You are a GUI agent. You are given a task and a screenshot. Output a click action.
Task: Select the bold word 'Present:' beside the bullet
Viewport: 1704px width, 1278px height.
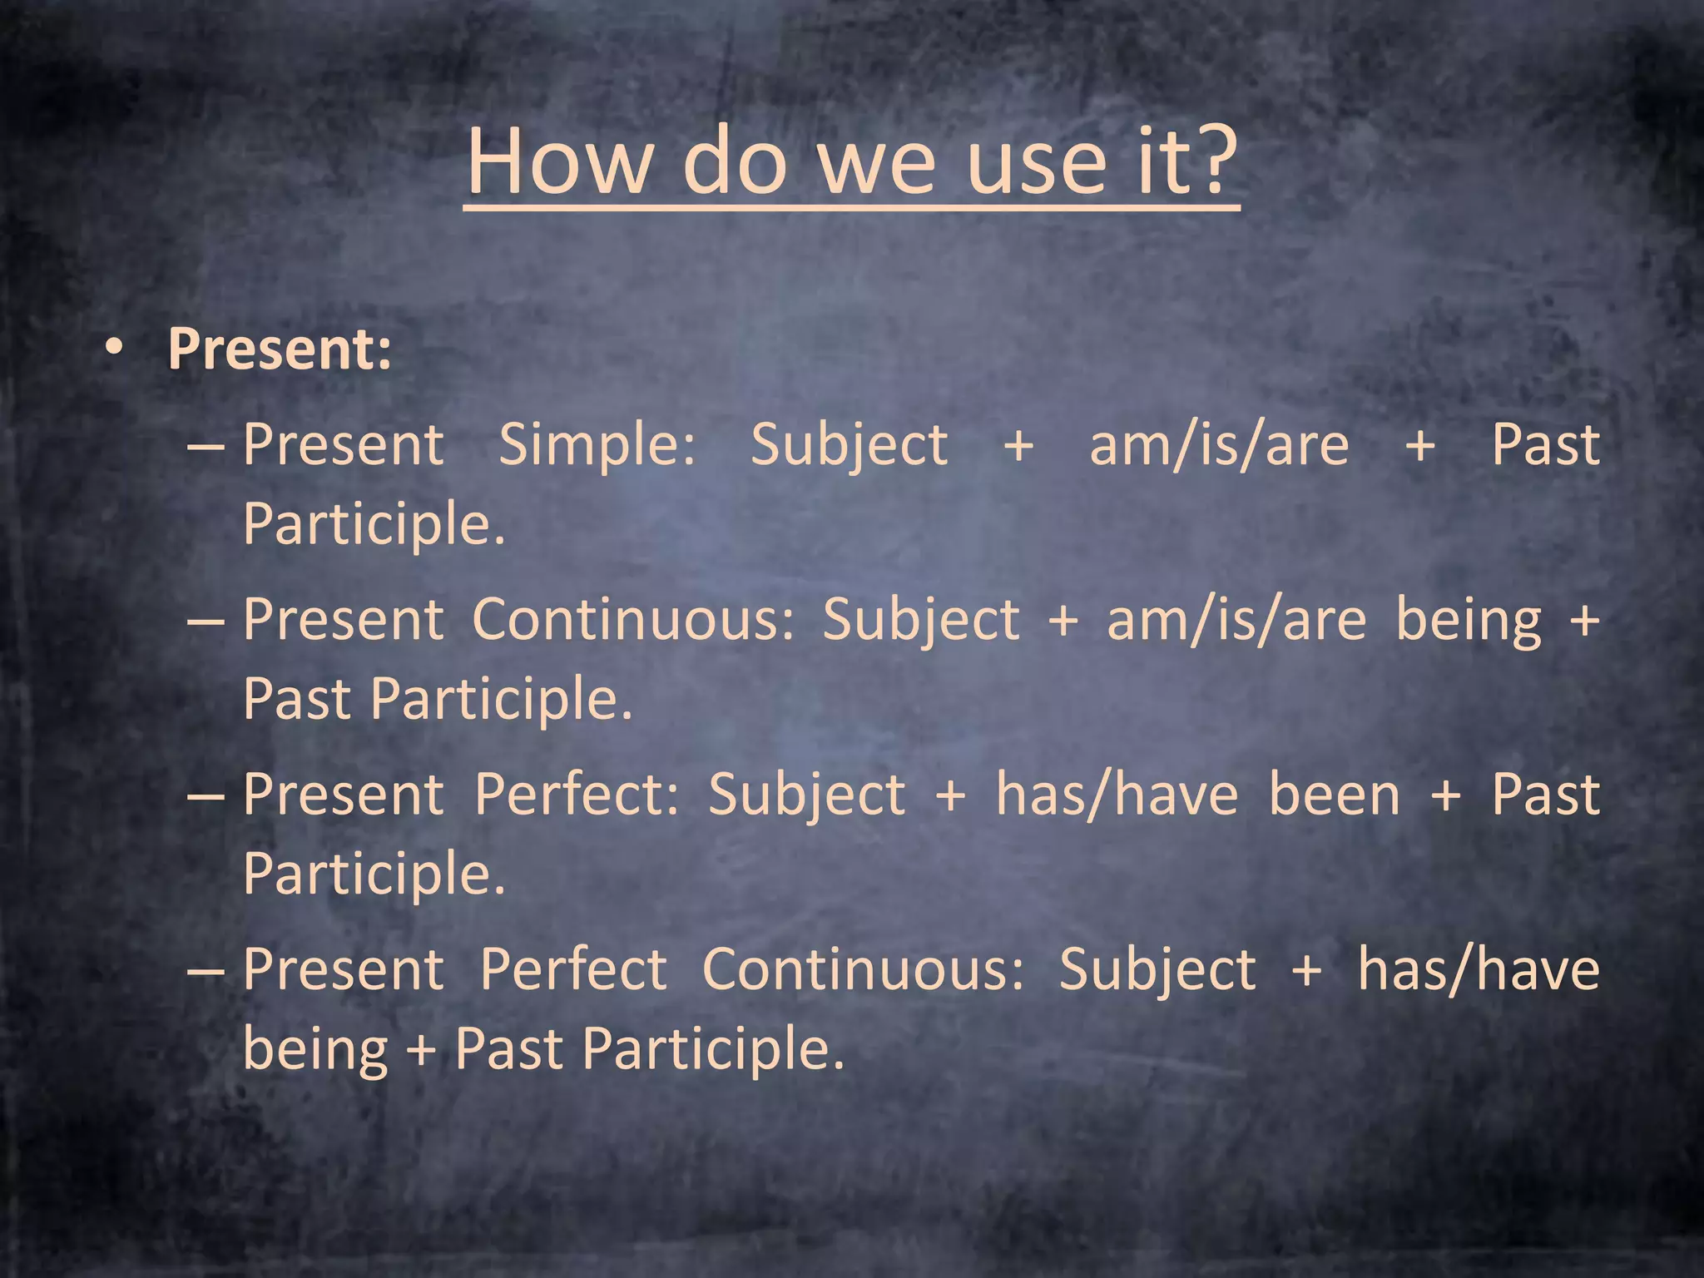[280, 349]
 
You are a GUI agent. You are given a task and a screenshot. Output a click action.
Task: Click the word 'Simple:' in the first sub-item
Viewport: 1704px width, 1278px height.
[597, 444]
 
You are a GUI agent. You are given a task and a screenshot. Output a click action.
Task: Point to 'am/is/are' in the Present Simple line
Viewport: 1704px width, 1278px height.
[1219, 446]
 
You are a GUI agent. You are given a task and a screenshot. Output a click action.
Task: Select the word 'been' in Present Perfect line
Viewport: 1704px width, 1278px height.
[1335, 795]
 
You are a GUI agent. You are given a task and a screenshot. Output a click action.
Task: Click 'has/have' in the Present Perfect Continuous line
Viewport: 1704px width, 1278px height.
[1479, 969]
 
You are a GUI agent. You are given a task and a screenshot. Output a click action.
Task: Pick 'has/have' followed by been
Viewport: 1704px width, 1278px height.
[1117, 795]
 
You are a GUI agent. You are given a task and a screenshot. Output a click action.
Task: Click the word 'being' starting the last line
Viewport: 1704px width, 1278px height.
[315, 1050]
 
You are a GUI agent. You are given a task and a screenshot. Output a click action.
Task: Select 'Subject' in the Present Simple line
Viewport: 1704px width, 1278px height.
[849, 446]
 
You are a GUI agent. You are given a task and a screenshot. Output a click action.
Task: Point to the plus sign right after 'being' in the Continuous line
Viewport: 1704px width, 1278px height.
[1584, 621]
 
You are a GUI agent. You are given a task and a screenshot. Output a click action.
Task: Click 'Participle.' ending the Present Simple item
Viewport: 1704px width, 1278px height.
[374, 524]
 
